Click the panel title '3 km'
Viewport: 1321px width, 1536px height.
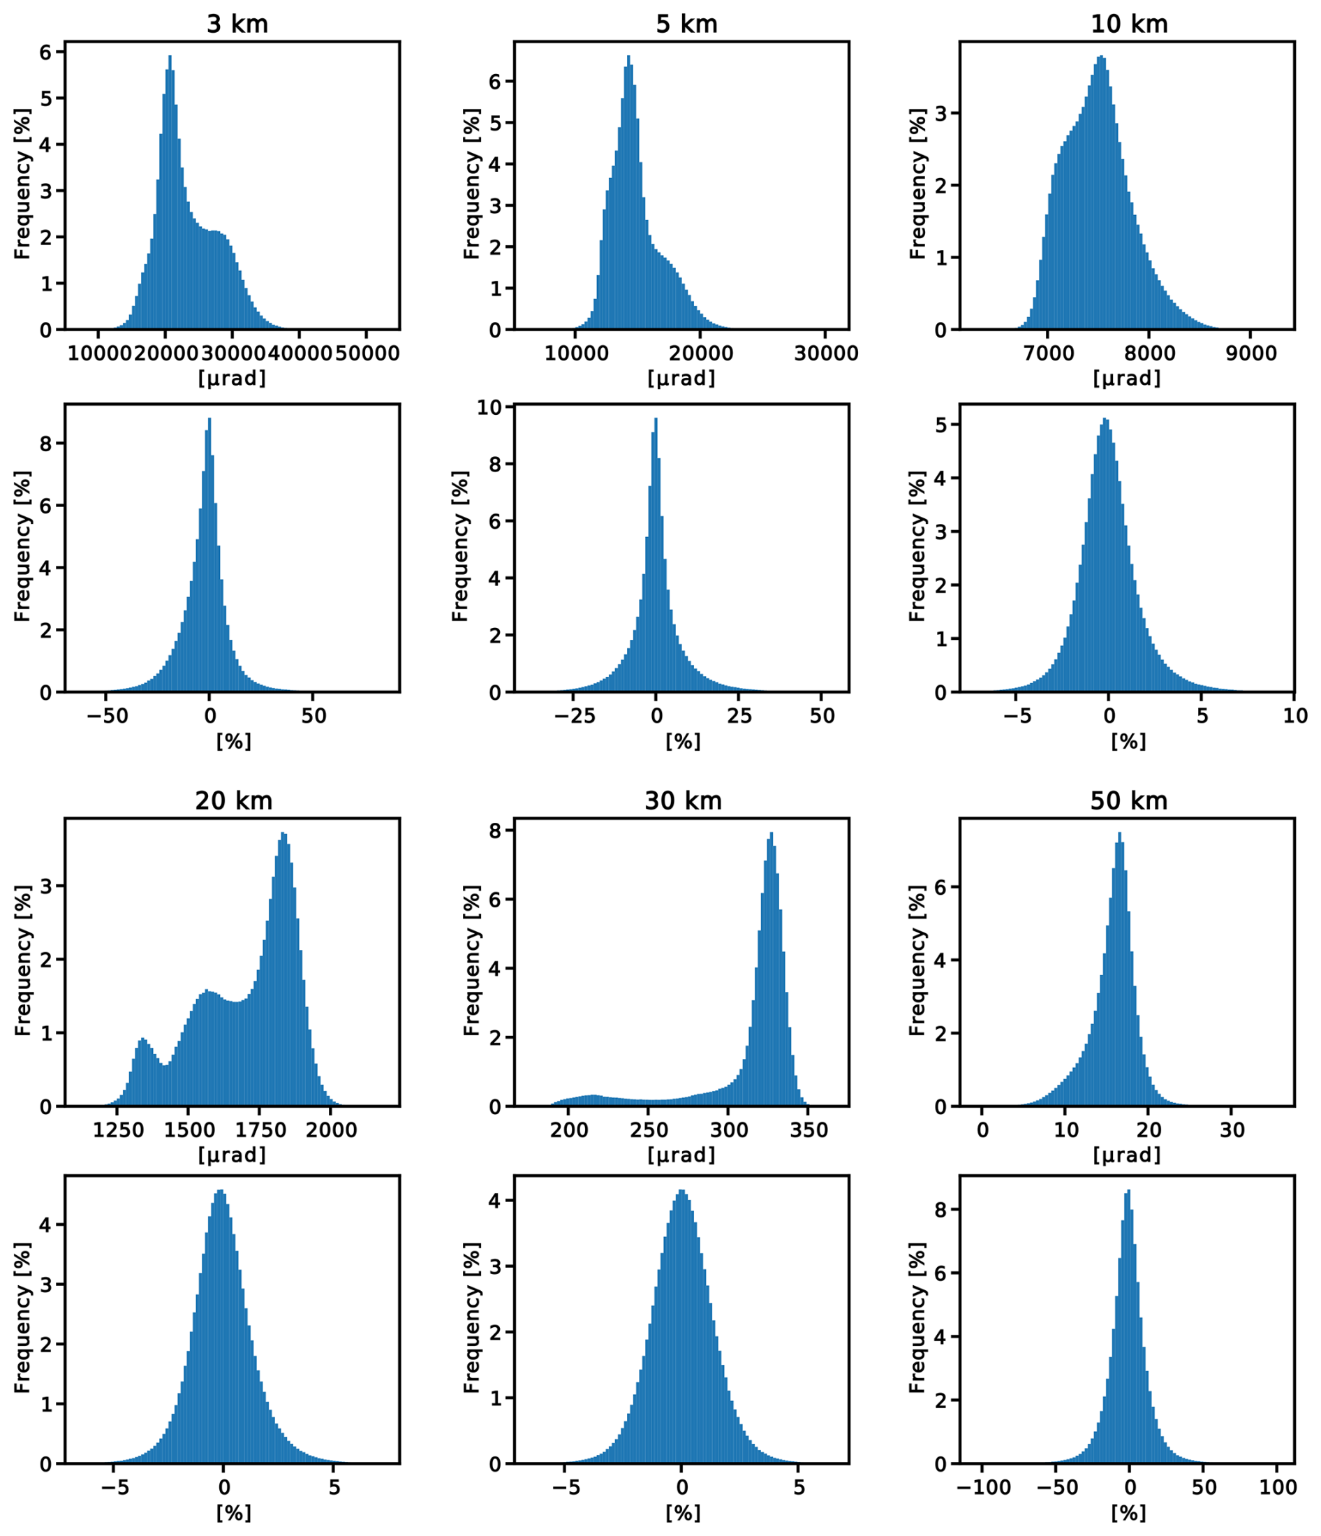tap(237, 24)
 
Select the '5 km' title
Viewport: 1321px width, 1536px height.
tap(686, 24)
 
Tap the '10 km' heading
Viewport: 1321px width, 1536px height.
tap(1128, 24)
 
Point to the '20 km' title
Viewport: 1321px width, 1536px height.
tap(233, 800)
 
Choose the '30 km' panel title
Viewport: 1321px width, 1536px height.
tap(682, 800)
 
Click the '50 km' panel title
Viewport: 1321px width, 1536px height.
tap(1128, 800)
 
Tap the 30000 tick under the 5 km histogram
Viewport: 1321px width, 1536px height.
tap(825, 353)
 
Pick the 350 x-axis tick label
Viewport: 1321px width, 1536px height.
tap(809, 1129)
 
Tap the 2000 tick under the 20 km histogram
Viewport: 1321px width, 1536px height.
tap(331, 1129)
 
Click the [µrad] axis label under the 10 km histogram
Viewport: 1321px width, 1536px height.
tap(1127, 379)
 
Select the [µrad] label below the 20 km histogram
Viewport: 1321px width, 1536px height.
tap(232, 1155)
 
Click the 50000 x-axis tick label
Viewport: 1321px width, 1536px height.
tap(366, 353)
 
